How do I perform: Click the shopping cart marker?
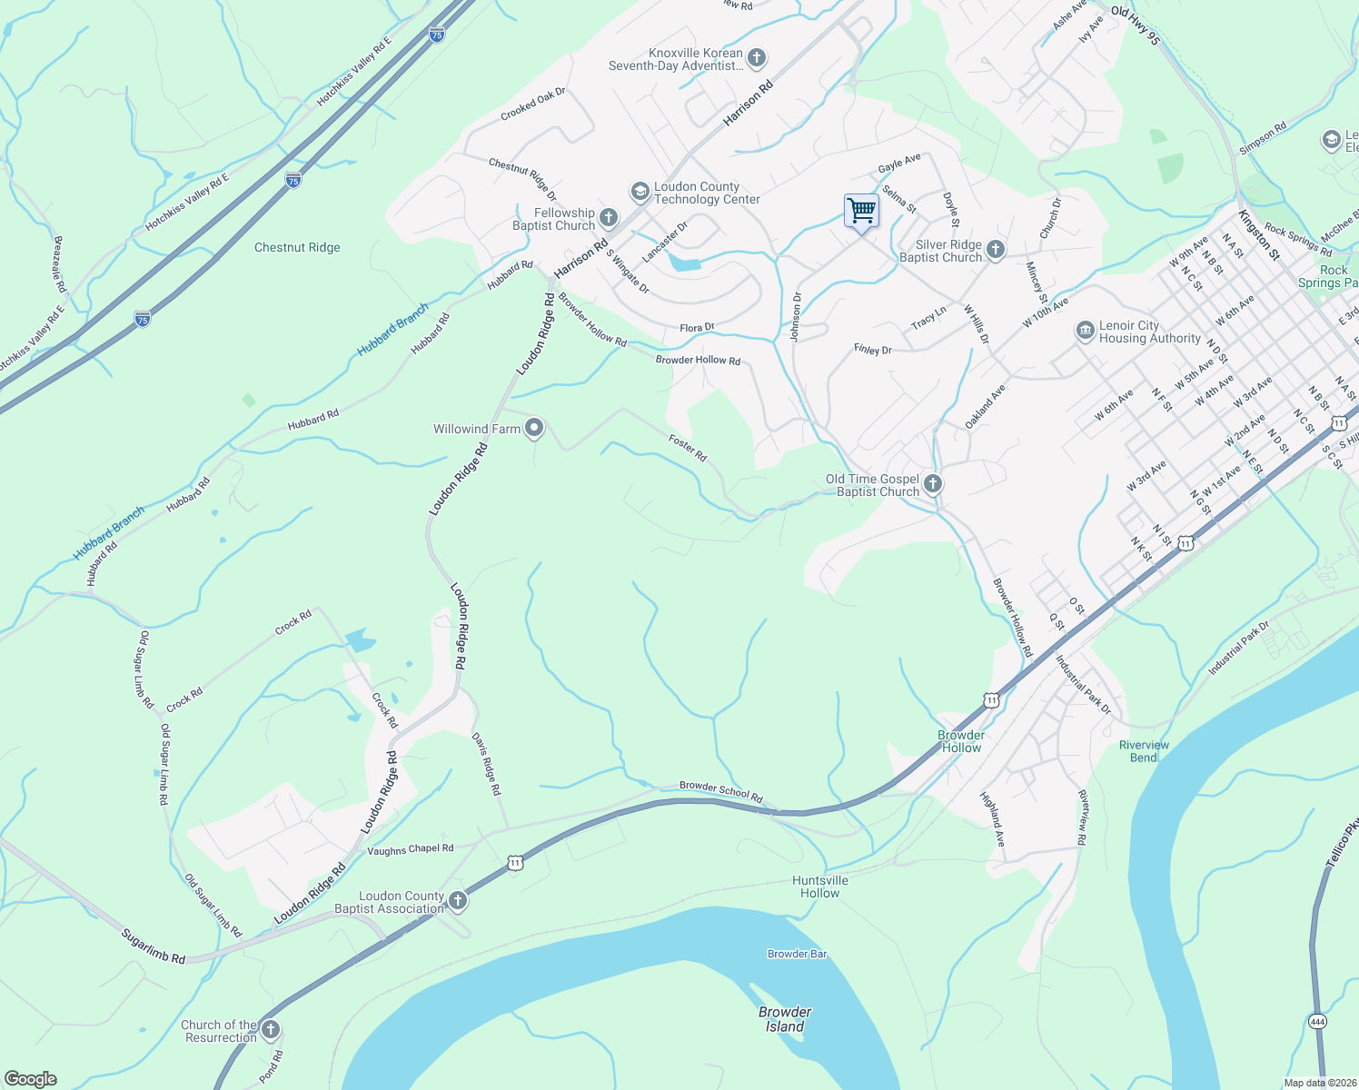(x=861, y=211)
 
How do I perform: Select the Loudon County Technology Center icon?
(x=640, y=192)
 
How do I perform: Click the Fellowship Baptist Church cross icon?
(x=609, y=218)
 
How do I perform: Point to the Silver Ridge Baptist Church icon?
(x=996, y=250)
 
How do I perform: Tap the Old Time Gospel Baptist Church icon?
(x=933, y=484)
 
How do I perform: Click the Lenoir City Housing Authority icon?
(x=1085, y=331)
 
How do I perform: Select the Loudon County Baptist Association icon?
(x=458, y=901)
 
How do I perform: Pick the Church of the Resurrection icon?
(x=271, y=1030)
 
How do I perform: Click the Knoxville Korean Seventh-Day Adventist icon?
(x=756, y=59)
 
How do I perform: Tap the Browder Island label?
(x=785, y=1019)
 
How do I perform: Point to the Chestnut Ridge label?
(x=297, y=247)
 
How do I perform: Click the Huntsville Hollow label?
(x=820, y=887)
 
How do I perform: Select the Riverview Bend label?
(x=1144, y=751)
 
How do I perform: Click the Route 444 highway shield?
(x=1318, y=1021)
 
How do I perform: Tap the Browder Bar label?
(x=797, y=954)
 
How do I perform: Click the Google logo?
(x=31, y=1079)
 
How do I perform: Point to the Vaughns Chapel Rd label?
(x=411, y=850)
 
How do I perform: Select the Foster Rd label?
(x=688, y=447)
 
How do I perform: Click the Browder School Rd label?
(x=721, y=790)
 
